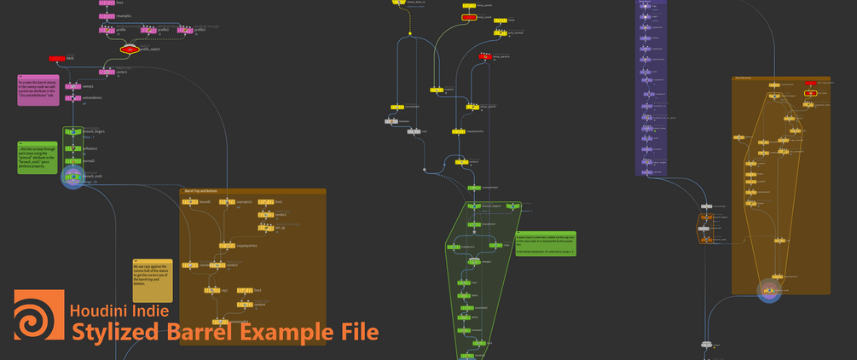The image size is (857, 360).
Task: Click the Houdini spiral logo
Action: (x=38, y=316)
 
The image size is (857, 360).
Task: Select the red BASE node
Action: (x=57, y=58)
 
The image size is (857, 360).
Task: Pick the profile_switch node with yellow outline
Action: (x=129, y=49)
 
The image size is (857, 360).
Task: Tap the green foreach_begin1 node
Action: (x=72, y=132)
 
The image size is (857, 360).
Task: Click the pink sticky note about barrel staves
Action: (x=38, y=91)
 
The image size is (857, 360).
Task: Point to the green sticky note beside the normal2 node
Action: (x=38, y=159)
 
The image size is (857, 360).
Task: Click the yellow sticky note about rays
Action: (x=152, y=280)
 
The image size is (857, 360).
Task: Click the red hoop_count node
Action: (x=469, y=17)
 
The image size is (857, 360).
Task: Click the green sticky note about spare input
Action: (x=545, y=242)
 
